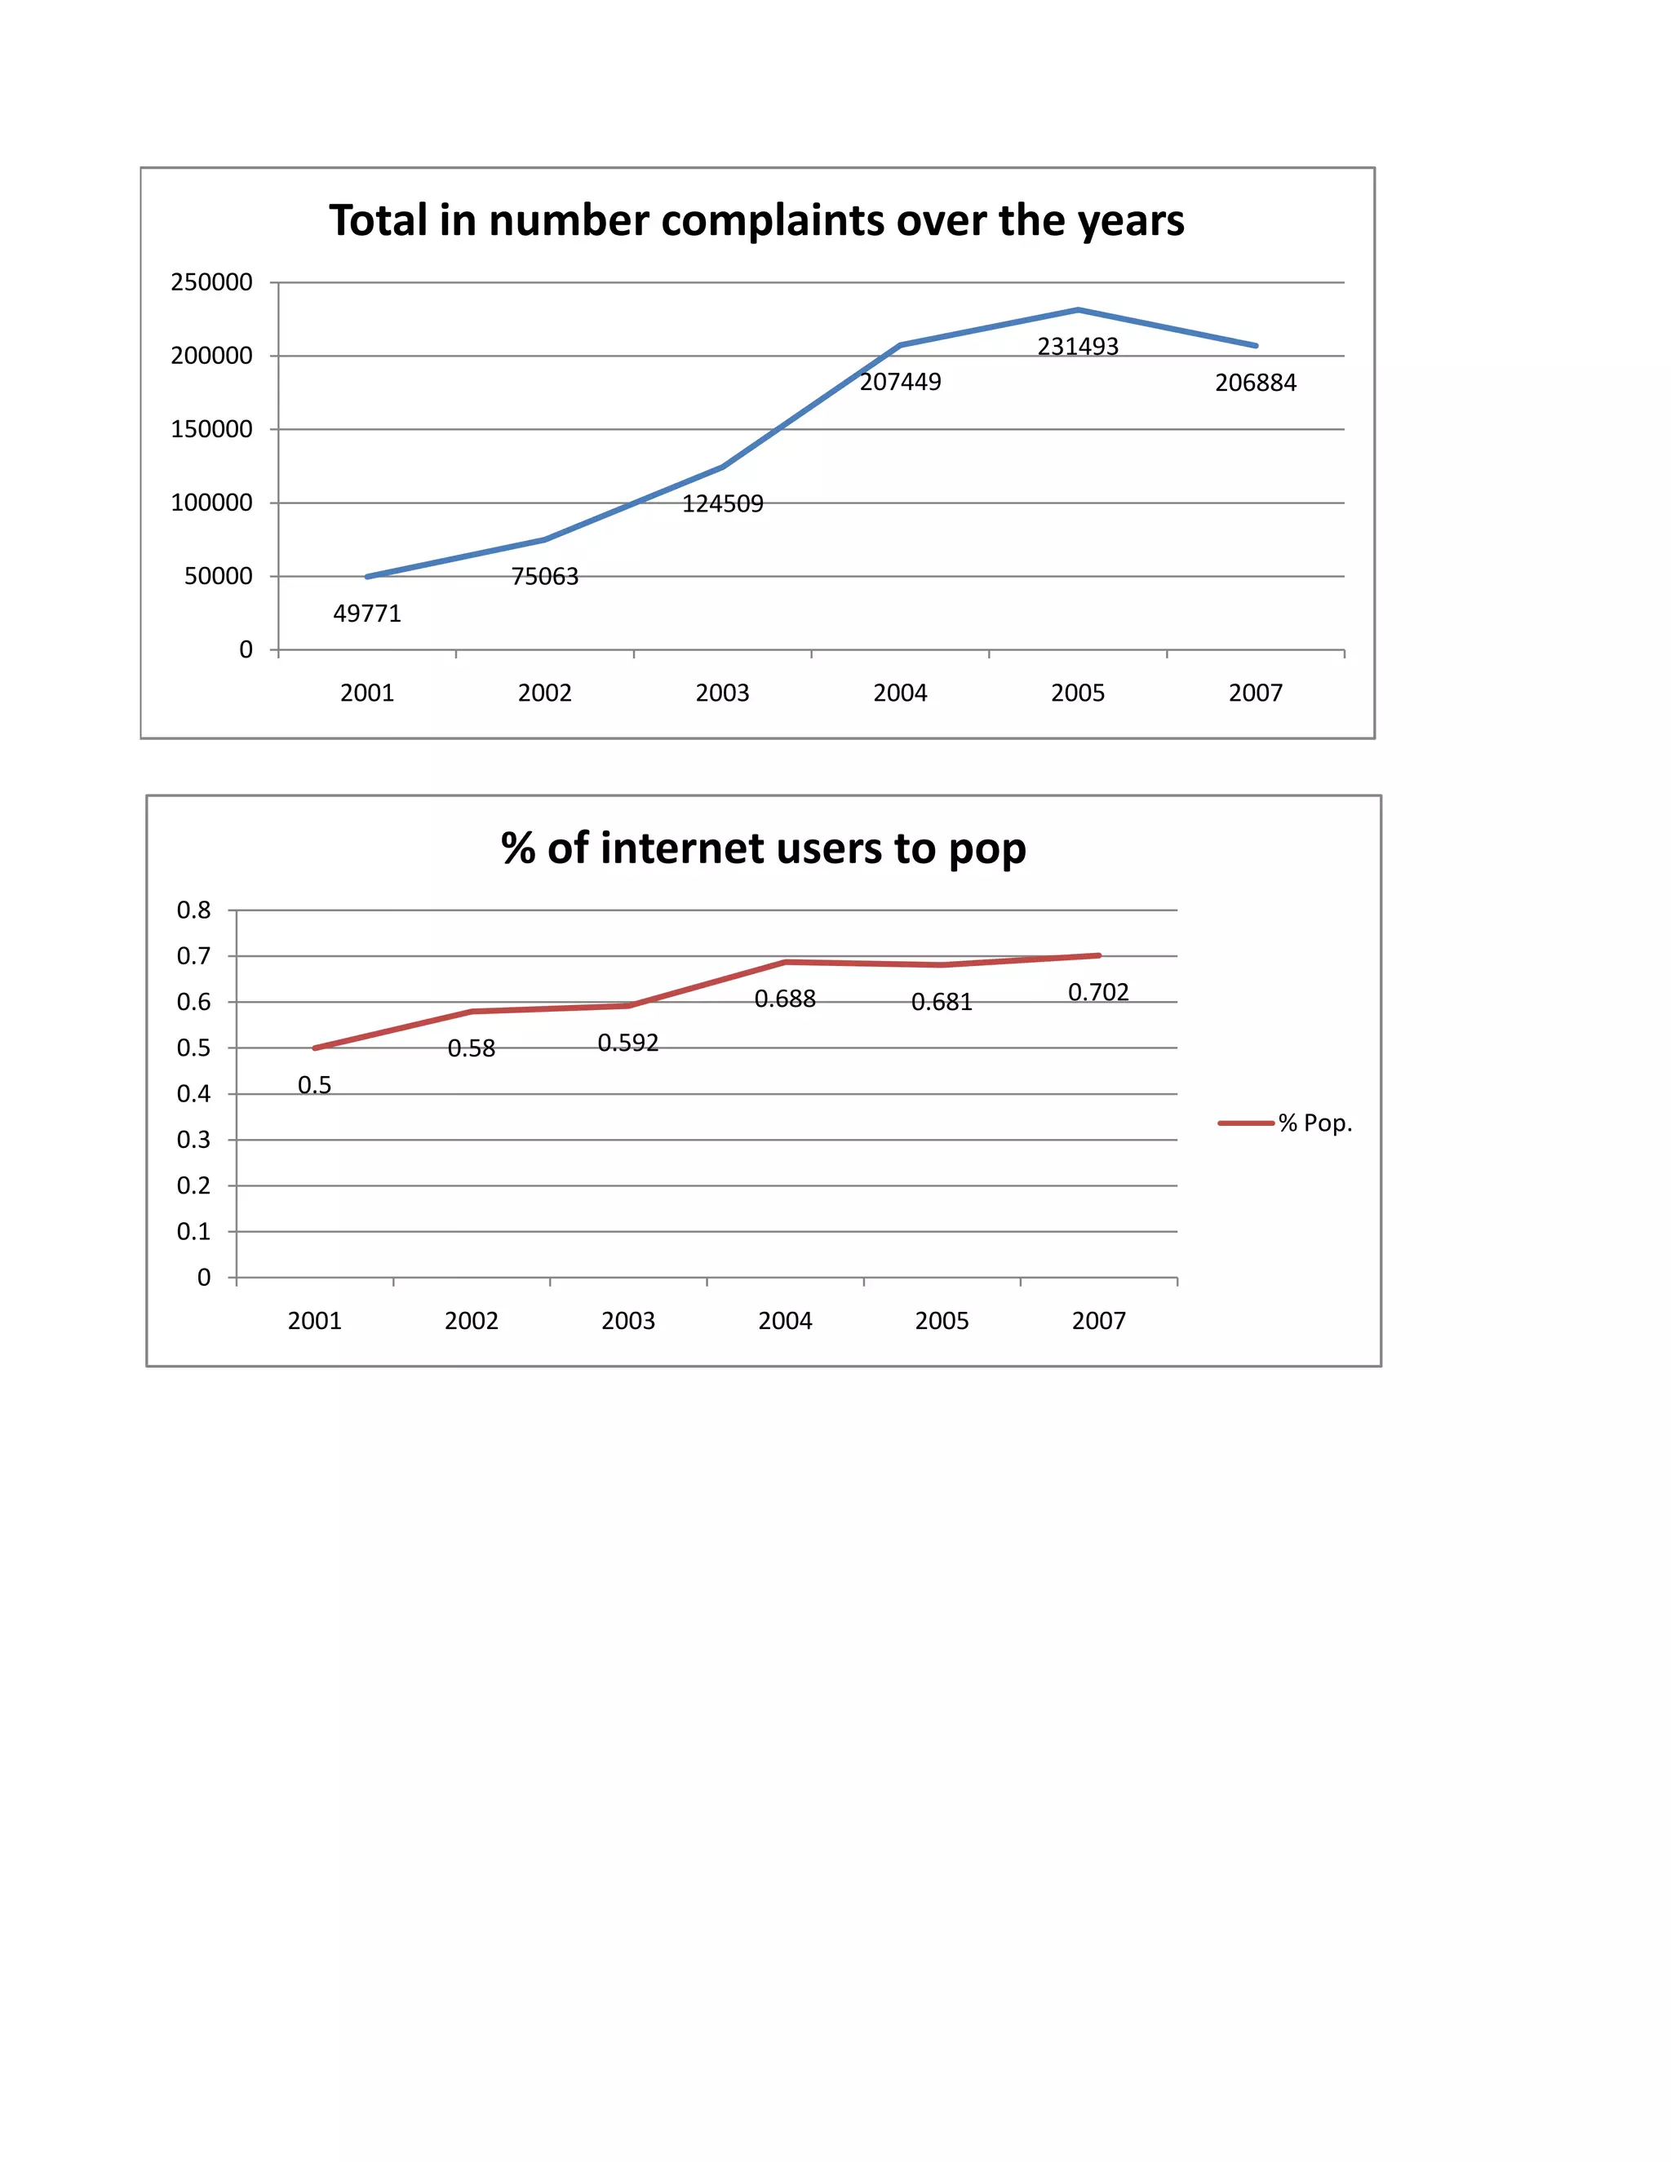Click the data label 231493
point(1077,347)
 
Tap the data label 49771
point(367,614)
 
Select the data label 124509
point(723,504)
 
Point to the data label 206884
point(1255,383)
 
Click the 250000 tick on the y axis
point(212,282)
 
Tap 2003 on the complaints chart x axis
point(723,693)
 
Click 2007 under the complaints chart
point(1255,693)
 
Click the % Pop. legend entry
point(1314,1123)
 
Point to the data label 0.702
point(1098,992)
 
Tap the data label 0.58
point(472,1048)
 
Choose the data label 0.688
point(785,999)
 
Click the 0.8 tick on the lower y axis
point(194,910)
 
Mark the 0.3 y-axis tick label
point(194,1140)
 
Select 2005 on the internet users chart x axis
point(942,1321)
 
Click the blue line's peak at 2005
point(1078,310)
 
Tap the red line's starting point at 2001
point(315,1048)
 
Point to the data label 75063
point(544,576)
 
